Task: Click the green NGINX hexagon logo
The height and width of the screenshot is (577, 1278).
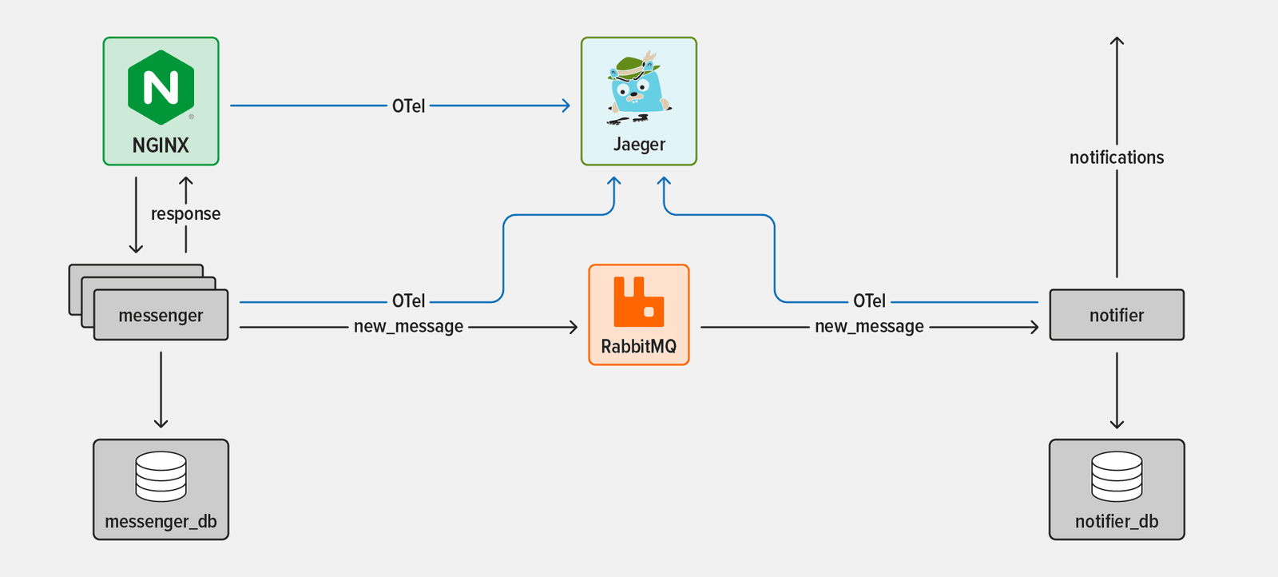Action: point(161,87)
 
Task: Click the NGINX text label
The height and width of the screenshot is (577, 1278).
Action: point(161,145)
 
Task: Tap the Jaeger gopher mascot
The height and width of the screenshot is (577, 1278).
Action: point(638,88)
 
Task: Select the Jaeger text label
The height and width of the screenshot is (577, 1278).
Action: point(639,145)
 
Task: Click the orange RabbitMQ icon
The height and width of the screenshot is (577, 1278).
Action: point(638,301)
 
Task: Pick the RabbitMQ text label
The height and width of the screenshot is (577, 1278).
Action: point(638,347)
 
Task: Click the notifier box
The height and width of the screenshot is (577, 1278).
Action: point(1116,315)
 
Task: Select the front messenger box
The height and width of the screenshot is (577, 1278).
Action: point(161,316)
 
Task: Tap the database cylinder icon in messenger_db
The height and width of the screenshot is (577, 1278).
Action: point(161,476)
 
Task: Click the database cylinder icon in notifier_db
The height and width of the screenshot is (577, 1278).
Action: point(1116,476)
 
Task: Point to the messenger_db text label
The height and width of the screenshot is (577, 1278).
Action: point(161,522)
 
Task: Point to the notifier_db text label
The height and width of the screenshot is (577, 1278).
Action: point(1116,522)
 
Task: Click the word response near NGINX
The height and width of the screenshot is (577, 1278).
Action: point(185,214)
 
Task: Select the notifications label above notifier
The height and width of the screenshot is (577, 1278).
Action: point(1116,157)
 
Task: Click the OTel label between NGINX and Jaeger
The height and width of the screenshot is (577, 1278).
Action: point(408,106)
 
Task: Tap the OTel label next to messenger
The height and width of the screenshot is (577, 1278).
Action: point(408,301)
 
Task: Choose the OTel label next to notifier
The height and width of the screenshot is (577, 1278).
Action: point(869,301)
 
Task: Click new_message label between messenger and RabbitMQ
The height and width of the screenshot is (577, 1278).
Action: point(408,327)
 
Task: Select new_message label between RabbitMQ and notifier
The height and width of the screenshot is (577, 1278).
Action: point(869,327)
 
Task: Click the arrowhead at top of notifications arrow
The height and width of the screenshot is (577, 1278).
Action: point(1117,40)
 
